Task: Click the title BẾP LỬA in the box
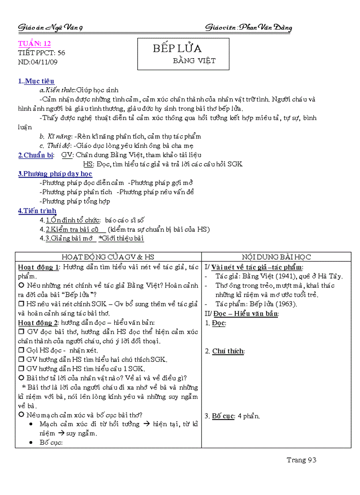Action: (x=177, y=48)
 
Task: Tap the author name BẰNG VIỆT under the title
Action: (x=194, y=61)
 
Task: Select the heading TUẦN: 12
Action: (x=34, y=43)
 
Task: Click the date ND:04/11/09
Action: (x=38, y=62)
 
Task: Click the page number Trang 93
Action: (x=302, y=460)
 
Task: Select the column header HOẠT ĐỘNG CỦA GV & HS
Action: (x=108, y=257)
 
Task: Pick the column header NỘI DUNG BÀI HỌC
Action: (x=277, y=257)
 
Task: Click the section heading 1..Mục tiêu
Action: (x=36, y=81)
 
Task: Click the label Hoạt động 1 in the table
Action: (x=38, y=267)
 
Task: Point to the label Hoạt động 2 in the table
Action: (x=38, y=323)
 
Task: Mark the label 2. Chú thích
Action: (x=225, y=351)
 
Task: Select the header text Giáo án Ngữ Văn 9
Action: (x=50, y=28)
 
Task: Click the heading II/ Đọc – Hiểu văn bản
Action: (x=242, y=313)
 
